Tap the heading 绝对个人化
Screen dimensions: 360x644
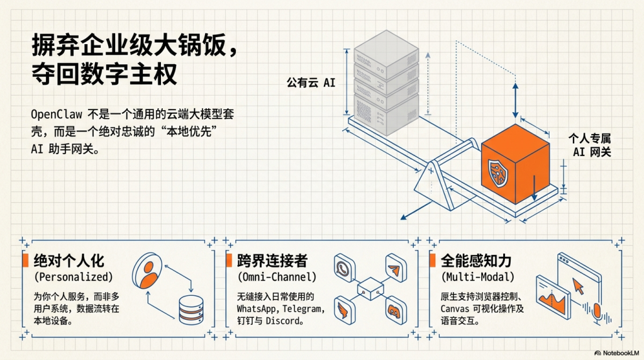[69, 261]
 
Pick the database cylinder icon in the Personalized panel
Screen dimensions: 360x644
[192, 308]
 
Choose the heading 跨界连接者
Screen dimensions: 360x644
[272, 261]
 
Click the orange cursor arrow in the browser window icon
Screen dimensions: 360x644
[577, 287]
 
